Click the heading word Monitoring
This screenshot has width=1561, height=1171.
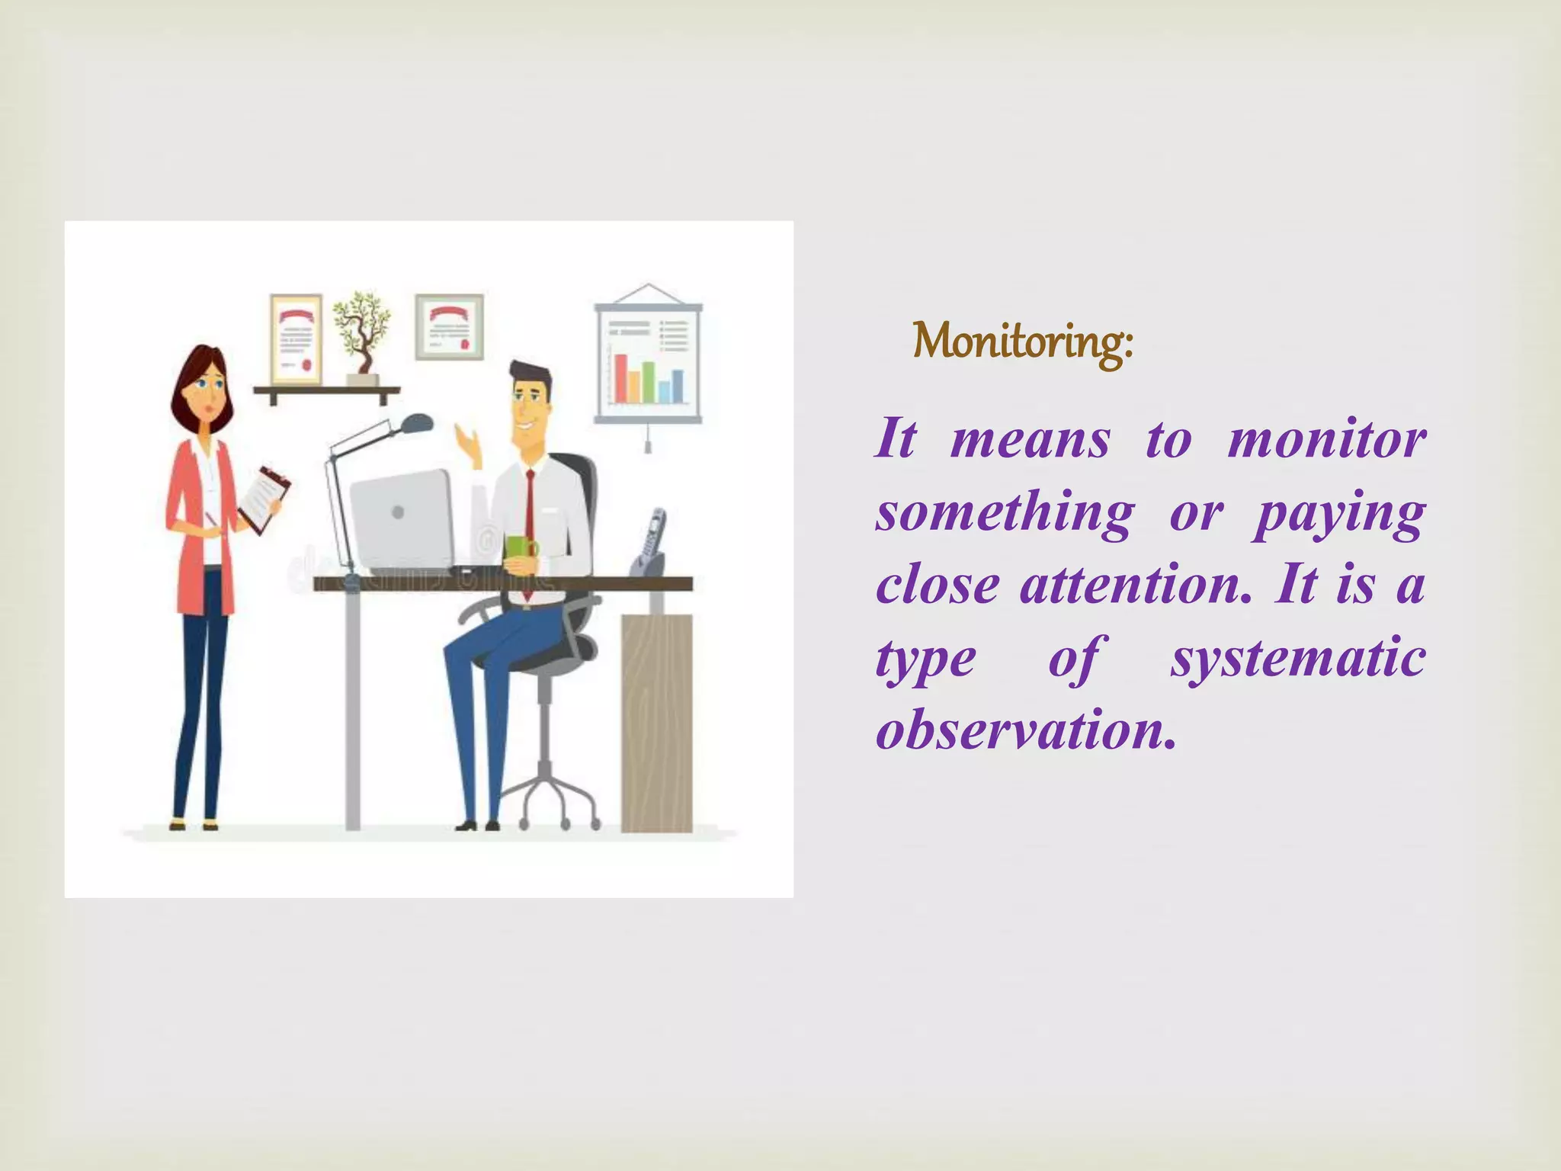pyautogui.click(x=1021, y=342)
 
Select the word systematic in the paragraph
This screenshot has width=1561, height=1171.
pyautogui.click(x=1297, y=658)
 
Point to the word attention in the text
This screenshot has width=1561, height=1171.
pyautogui.click(x=1135, y=585)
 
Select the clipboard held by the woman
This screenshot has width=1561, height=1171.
pyautogui.click(x=263, y=499)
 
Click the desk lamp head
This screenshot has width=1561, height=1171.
pyautogui.click(x=417, y=422)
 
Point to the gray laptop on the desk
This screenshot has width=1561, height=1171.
pyautogui.click(x=401, y=518)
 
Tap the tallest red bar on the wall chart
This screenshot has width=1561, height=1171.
pyautogui.click(x=620, y=378)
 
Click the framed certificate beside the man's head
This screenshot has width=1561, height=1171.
pyautogui.click(x=449, y=326)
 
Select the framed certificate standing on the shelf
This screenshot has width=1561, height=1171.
pyautogui.click(x=296, y=339)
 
